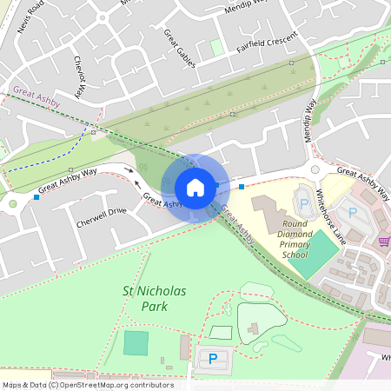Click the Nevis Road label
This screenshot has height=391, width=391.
30,15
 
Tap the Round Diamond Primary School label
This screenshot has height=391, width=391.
295,244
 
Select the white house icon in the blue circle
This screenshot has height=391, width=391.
195,187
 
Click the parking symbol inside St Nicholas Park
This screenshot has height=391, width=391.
213,358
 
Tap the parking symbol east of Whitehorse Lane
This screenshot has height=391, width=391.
353,210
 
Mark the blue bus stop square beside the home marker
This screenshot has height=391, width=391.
241,187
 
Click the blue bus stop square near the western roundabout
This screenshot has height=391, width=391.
36,197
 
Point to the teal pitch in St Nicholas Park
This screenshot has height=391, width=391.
136,343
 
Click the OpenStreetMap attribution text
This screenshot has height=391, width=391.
87,385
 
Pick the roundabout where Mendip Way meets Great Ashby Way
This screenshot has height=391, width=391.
315,170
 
